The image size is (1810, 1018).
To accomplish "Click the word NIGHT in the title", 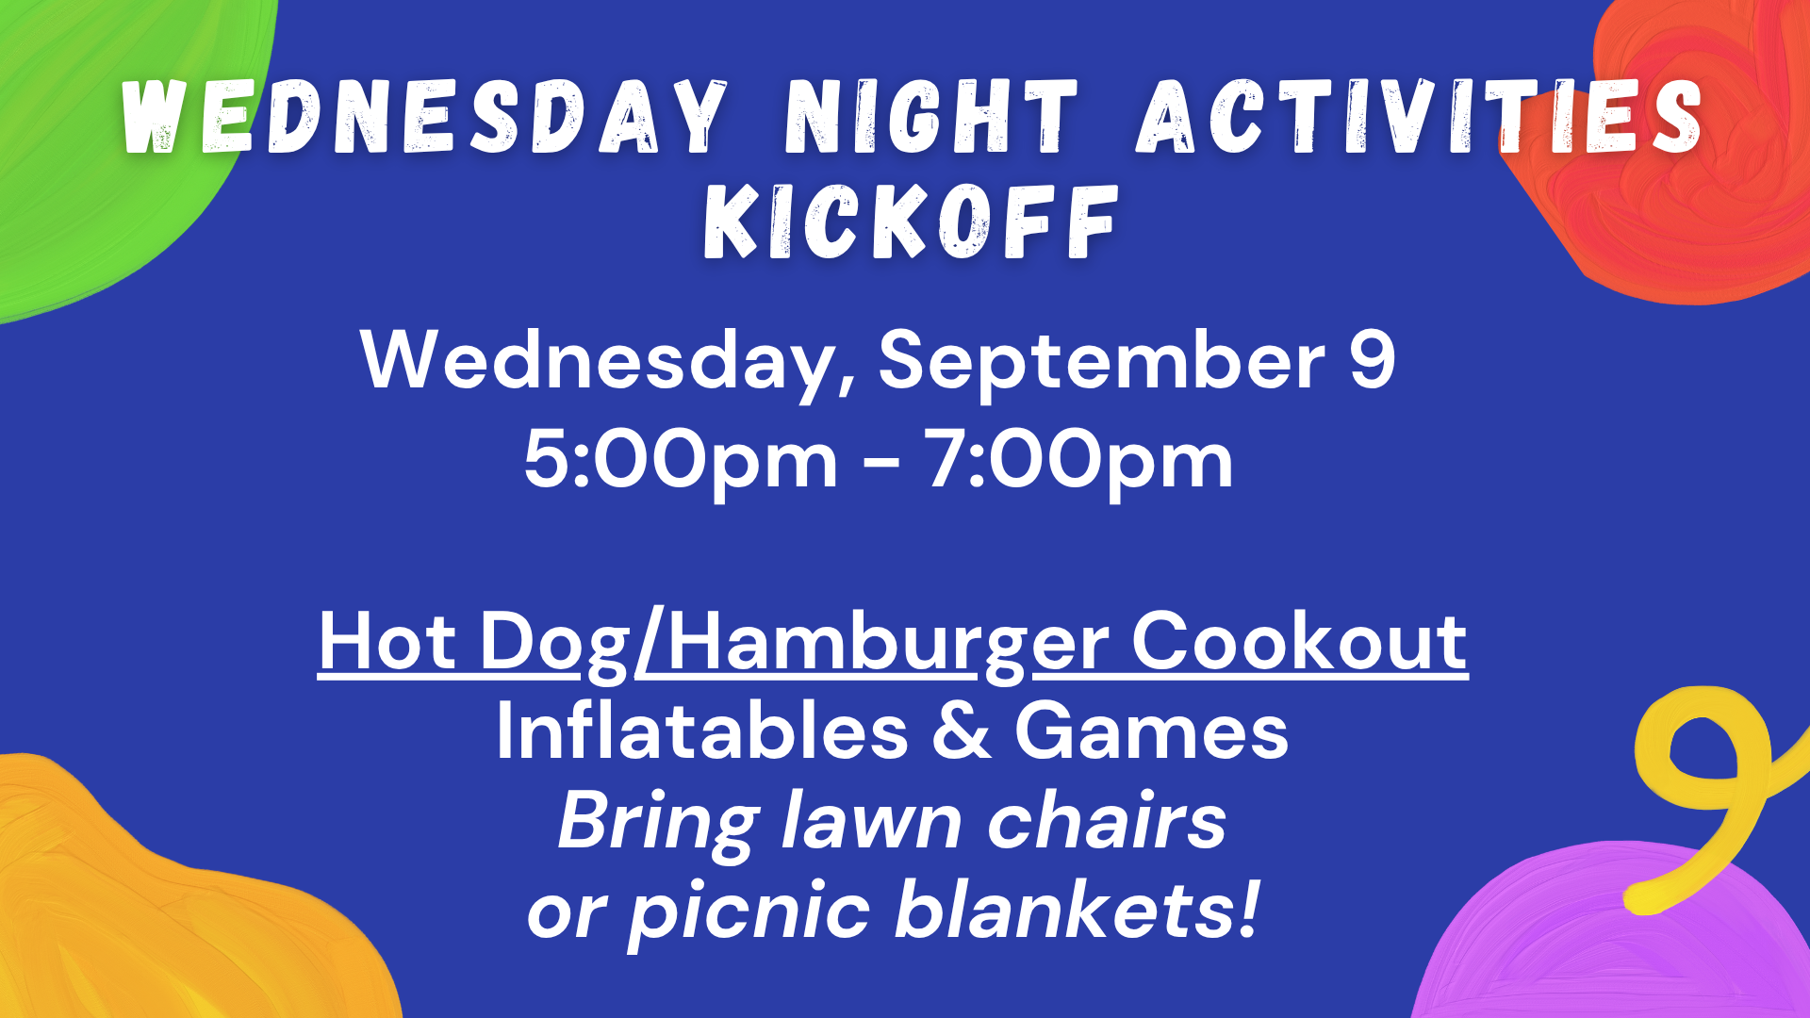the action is pos(931,116).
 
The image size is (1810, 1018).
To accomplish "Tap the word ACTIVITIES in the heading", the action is pos(1420,116).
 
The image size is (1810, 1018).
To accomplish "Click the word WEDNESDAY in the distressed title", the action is pos(425,116).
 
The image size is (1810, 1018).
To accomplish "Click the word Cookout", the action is pos(1299,641).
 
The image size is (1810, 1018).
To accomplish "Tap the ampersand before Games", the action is pos(962,731).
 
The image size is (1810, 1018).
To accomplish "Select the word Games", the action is pos(1152,731).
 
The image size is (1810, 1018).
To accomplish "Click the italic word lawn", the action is pos(871,821).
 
